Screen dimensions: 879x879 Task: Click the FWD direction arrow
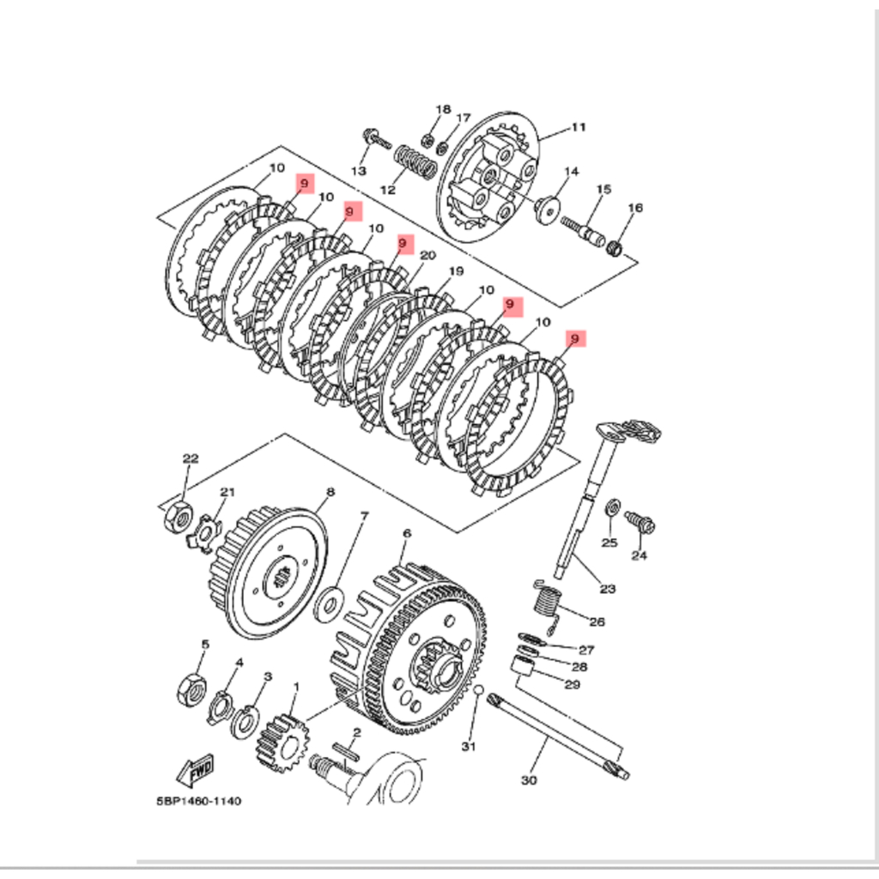(x=195, y=770)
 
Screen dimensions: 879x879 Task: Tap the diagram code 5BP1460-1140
(x=199, y=801)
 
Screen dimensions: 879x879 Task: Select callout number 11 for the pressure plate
(x=578, y=127)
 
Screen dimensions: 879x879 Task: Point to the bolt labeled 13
(x=377, y=138)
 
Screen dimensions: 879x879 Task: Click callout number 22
(x=191, y=458)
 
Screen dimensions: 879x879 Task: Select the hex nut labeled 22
(x=179, y=518)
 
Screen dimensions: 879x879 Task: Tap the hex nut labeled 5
(x=191, y=689)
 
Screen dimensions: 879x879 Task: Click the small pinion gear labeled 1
(x=283, y=743)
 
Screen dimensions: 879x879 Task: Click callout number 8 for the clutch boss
(x=330, y=492)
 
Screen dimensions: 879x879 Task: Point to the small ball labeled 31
(x=477, y=689)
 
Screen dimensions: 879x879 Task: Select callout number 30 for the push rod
(x=529, y=779)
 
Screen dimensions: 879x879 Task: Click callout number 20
(x=427, y=256)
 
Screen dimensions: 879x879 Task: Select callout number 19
(x=457, y=271)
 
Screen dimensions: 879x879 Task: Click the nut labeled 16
(x=615, y=247)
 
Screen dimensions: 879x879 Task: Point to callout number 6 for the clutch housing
(x=406, y=533)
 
